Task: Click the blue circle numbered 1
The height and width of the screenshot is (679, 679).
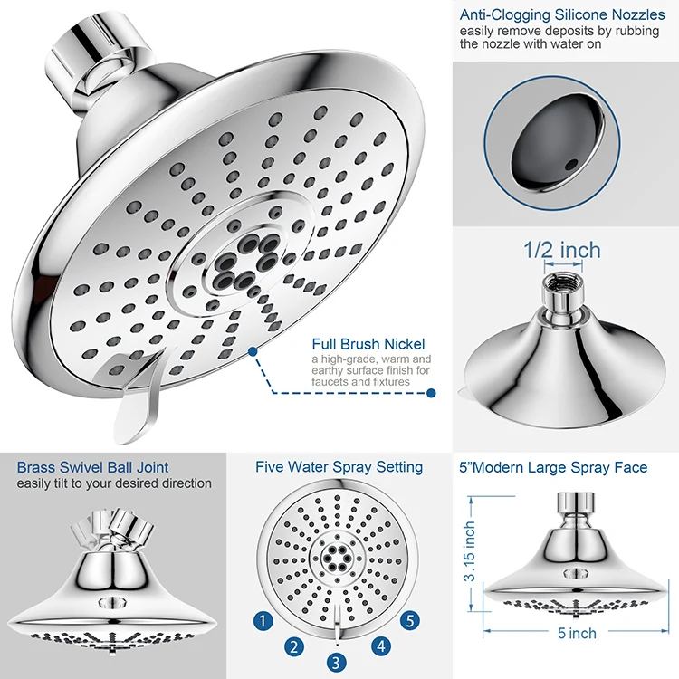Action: click(x=263, y=621)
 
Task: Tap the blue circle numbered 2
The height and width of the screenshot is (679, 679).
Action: click(x=293, y=646)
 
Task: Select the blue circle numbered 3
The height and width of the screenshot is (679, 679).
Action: click(x=336, y=662)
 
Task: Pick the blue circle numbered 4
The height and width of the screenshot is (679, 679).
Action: click(x=381, y=646)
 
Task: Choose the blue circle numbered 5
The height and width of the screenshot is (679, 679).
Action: click(x=410, y=621)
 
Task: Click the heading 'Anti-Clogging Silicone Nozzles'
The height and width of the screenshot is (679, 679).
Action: click(x=562, y=14)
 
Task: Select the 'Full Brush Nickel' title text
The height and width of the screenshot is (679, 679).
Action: click(x=368, y=344)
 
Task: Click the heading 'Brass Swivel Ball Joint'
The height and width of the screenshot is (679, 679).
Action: click(x=92, y=467)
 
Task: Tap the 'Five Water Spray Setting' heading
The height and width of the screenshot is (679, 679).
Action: click(x=339, y=467)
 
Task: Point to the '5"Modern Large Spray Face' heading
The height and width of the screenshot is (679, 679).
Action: click(x=553, y=467)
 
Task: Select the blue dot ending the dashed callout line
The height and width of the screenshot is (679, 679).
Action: click(x=431, y=393)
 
